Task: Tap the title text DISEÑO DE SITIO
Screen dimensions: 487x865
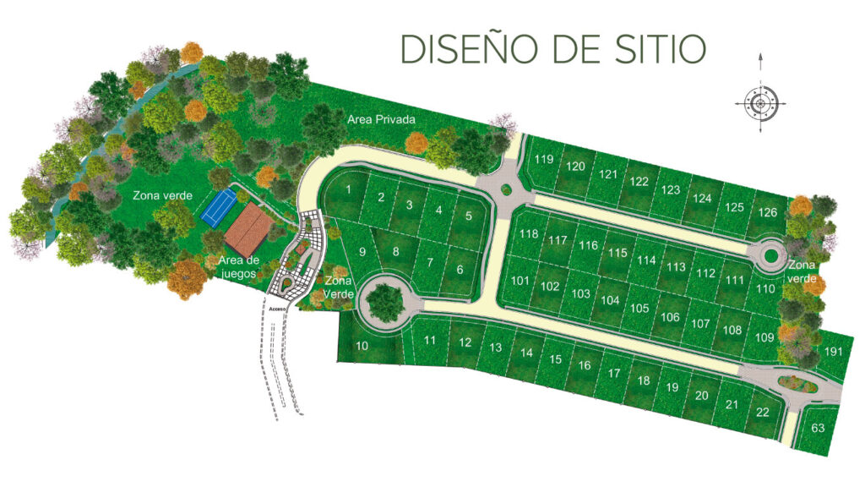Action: (552, 49)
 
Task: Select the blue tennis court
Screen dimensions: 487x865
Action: (218, 207)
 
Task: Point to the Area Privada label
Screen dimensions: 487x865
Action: (381, 120)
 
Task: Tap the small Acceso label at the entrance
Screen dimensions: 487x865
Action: (279, 309)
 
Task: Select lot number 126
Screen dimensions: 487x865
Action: (767, 211)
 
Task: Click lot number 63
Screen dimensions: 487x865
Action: (818, 428)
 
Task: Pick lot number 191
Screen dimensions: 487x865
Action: (834, 353)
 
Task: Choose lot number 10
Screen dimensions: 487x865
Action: (362, 346)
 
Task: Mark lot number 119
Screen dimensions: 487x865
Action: (544, 160)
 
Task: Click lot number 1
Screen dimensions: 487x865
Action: (348, 189)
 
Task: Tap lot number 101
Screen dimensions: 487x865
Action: (520, 281)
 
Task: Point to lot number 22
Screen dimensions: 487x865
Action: (763, 413)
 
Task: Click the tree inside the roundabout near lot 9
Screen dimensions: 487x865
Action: (385, 301)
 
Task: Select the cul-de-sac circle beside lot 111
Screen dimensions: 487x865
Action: (770, 255)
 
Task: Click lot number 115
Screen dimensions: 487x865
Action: (617, 253)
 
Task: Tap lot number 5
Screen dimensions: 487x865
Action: (468, 215)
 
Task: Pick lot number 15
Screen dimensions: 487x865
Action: (555, 359)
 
